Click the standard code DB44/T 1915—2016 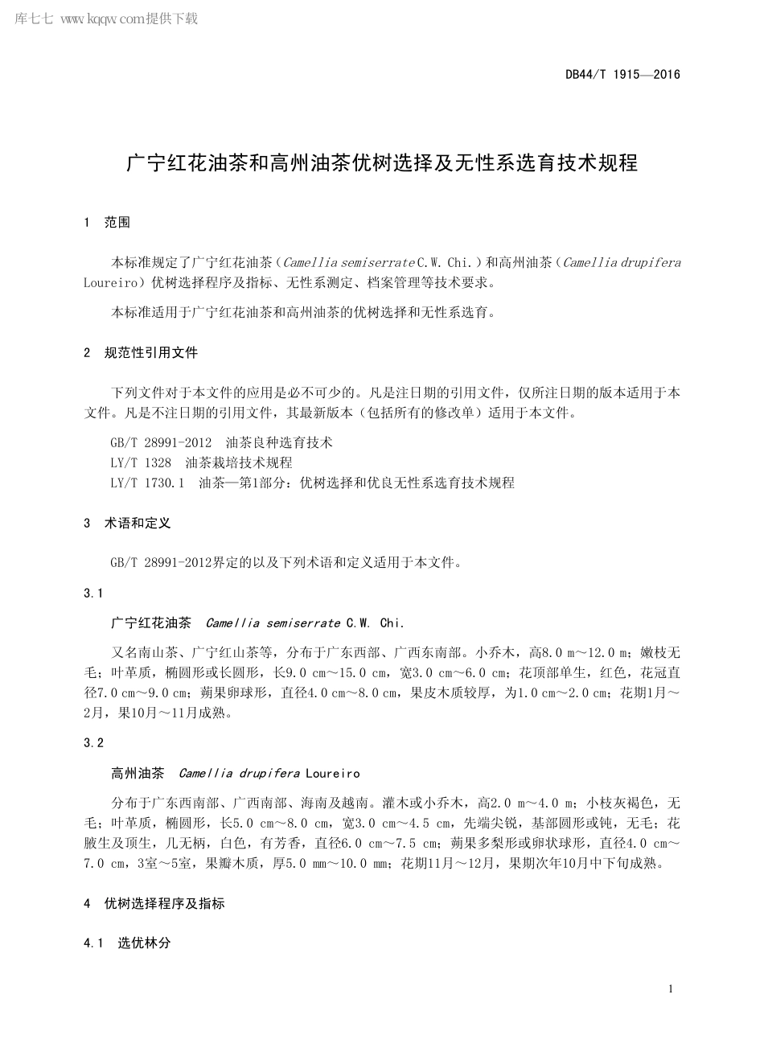pyautogui.click(x=622, y=75)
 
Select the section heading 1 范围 pyautogui.click(x=106, y=223)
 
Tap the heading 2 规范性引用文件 pyautogui.click(x=140, y=353)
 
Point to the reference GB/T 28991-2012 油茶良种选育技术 pyautogui.click(x=221, y=443)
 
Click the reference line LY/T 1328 pyautogui.click(x=201, y=463)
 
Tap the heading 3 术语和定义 pyautogui.click(x=127, y=524)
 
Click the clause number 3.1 pyautogui.click(x=93, y=594)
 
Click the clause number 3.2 pyautogui.click(x=93, y=743)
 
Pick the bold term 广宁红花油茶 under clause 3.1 pyautogui.click(x=151, y=623)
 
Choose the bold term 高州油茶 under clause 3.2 pyautogui.click(x=138, y=774)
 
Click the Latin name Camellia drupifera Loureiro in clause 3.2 pyautogui.click(x=269, y=774)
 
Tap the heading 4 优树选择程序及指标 pyautogui.click(x=154, y=904)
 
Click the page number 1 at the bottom pyautogui.click(x=670, y=989)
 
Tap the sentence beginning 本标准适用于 pyautogui.click(x=302, y=313)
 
